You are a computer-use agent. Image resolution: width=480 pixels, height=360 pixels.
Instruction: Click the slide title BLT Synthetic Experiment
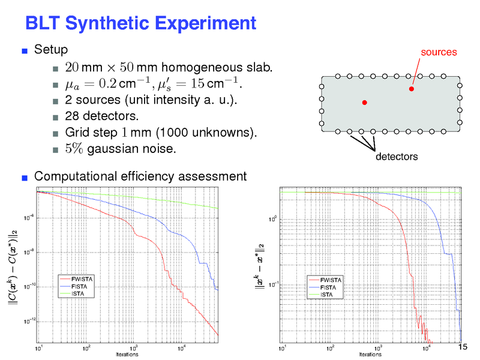[x=140, y=23]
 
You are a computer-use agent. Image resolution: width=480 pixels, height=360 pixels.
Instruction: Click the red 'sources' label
[x=439, y=52]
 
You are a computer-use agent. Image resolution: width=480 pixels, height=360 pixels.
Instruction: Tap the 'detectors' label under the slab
[x=396, y=157]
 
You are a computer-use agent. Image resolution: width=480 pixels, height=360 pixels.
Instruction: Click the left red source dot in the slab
[x=364, y=103]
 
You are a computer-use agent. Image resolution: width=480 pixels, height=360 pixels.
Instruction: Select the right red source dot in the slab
[x=412, y=89]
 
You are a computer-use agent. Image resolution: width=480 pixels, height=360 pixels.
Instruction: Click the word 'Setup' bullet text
[x=51, y=49]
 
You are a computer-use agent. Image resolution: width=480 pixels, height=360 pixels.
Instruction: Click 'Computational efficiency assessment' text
[x=140, y=176]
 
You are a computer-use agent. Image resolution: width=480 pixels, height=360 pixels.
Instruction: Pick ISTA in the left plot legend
[x=77, y=294]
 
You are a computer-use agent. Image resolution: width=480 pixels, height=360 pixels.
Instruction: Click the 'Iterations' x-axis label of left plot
[x=127, y=355]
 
